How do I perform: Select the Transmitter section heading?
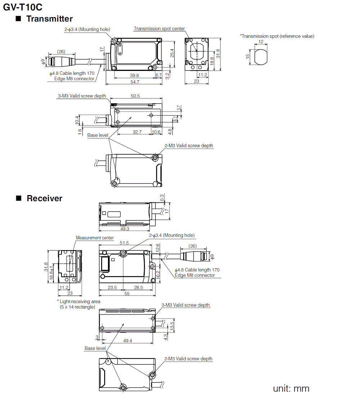[49, 19]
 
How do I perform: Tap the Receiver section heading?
[44, 198]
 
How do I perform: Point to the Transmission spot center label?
[159, 29]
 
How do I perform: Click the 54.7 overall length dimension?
[135, 82]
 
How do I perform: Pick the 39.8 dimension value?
[134, 75]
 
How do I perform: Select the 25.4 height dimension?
[172, 53]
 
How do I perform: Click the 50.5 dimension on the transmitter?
[135, 96]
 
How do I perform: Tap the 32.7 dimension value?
[137, 132]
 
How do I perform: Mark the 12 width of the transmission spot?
[261, 42]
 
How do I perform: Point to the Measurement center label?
[95, 238]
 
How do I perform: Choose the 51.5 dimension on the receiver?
[124, 243]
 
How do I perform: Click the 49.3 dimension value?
[125, 229]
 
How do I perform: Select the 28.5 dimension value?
[138, 287]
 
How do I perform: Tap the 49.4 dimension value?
[127, 341]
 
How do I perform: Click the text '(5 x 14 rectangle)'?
[77, 307]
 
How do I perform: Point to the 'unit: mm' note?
[291, 388]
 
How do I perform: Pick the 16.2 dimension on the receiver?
[157, 275]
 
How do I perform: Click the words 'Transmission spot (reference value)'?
[278, 36]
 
